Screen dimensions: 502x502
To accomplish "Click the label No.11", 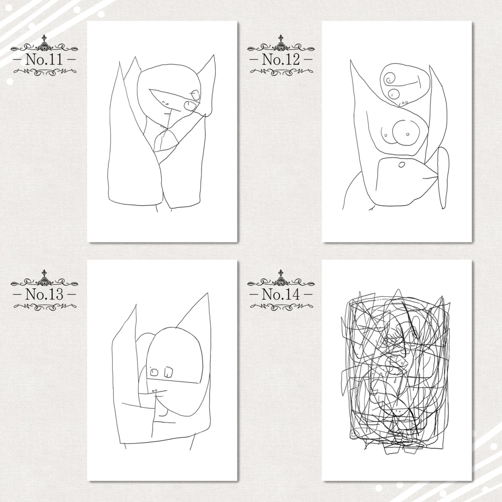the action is [x=44, y=59].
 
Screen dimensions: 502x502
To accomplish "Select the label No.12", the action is [x=281, y=59].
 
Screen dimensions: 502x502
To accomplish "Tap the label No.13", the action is [x=44, y=294].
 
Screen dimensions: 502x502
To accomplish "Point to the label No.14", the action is [x=281, y=294].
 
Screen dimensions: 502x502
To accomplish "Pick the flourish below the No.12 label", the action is [x=281, y=72].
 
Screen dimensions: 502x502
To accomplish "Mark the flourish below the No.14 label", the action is [x=281, y=306].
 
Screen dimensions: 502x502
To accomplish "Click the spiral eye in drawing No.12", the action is [x=391, y=78].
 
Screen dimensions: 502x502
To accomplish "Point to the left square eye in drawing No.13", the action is [x=154, y=372].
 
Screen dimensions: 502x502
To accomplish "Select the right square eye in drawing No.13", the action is [x=169, y=372].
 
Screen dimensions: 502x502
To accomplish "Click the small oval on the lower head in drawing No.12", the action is [x=401, y=165].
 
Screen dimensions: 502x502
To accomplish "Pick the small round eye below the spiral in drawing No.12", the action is [x=394, y=94].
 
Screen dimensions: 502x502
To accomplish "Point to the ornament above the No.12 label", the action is [x=281, y=45].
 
